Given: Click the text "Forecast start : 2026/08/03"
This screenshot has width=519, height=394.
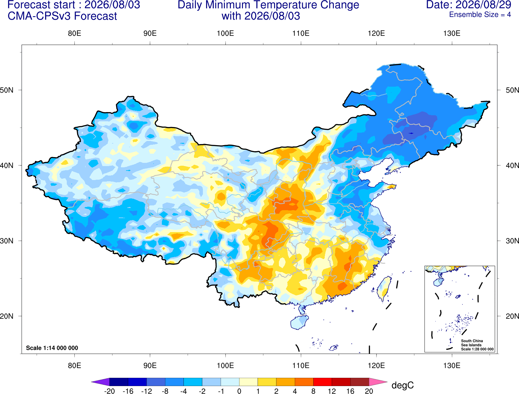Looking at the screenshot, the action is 74,5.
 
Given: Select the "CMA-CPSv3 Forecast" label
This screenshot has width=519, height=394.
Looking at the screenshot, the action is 62,16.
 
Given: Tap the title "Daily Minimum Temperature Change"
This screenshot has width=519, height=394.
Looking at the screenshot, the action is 268,5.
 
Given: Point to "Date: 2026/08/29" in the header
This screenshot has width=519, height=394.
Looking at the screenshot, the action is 469,5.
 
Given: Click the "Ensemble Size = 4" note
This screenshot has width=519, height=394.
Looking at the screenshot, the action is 480,15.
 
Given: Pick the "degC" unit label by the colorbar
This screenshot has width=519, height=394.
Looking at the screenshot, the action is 403,385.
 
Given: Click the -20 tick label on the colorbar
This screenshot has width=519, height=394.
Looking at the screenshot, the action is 109,391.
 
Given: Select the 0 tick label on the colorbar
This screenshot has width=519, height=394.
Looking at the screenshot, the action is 239,391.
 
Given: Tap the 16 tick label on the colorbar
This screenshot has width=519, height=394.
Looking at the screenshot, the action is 350,391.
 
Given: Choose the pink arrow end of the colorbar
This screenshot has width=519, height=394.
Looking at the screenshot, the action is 377,382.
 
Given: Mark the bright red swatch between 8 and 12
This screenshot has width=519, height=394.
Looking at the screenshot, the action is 322,382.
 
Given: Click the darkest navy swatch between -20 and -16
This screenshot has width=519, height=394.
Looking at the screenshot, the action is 119,382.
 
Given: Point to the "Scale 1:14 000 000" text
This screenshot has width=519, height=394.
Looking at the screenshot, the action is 52,348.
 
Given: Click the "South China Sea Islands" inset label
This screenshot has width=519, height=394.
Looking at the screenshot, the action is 472,343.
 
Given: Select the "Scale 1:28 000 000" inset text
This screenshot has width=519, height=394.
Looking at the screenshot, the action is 477,349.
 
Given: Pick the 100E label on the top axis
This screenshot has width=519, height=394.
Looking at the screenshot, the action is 225,34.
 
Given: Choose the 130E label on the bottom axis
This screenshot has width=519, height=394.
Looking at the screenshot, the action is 452,365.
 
